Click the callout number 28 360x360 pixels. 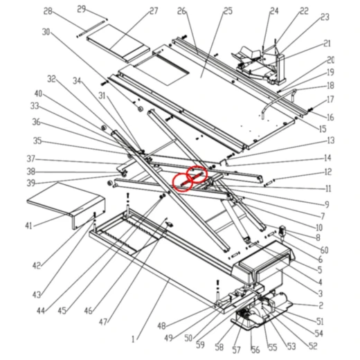(48, 11)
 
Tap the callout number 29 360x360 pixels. (81, 8)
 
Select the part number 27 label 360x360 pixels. (154, 11)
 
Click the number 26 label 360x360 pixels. (181, 11)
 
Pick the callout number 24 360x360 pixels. (274, 11)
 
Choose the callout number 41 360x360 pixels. (28, 226)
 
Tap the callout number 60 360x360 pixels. (324, 250)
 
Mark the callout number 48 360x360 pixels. (162, 326)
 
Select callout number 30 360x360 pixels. (46, 32)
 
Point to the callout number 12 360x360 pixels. (328, 172)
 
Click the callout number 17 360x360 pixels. (330, 100)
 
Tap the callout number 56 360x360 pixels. (255, 349)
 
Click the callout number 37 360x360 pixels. (30, 159)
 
